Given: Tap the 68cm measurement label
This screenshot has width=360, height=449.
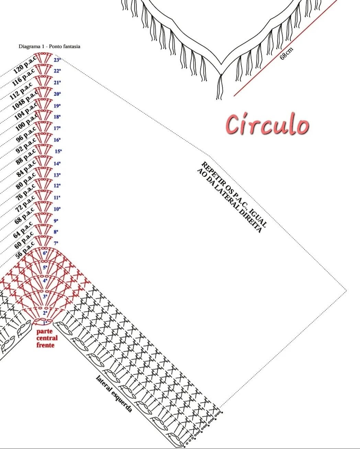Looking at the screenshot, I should coord(286,54).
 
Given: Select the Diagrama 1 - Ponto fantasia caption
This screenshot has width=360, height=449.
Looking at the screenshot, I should coord(49,46).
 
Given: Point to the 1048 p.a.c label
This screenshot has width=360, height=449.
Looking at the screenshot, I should coord(24,100).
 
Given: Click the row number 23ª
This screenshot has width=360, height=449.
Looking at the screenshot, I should coord(57,60).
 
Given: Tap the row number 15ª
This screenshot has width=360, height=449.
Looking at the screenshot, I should coord(58,151).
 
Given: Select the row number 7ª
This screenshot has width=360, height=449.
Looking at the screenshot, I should coord(57,243).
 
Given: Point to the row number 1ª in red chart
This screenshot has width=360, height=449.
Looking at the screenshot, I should coord(45,323).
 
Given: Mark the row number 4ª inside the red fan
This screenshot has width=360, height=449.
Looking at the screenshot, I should coord(45,280).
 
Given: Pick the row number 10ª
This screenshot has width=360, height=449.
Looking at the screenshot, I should coord(57,209).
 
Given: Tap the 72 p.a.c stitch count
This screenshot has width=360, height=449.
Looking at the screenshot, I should coord(25,203).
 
